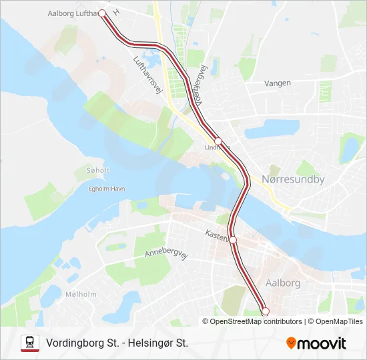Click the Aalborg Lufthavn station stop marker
click(x=102, y=13)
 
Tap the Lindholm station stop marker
click(x=218, y=141)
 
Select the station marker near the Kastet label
click(x=233, y=240)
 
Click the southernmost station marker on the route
click(x=265, y=311)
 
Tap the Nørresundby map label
click(x=293, y=179)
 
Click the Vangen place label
click(x=278, y=83)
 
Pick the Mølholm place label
click(x=81, y=294)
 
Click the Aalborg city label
click(x=283, y=283)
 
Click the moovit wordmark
click(x=322, y=343)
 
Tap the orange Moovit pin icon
click(x=292, y=343)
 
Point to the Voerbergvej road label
click(x=198, y=87)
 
